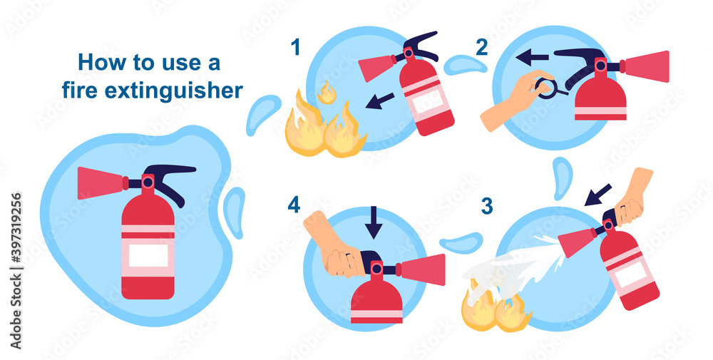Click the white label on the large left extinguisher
coord(148,254)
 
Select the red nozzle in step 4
coord(424,269)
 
